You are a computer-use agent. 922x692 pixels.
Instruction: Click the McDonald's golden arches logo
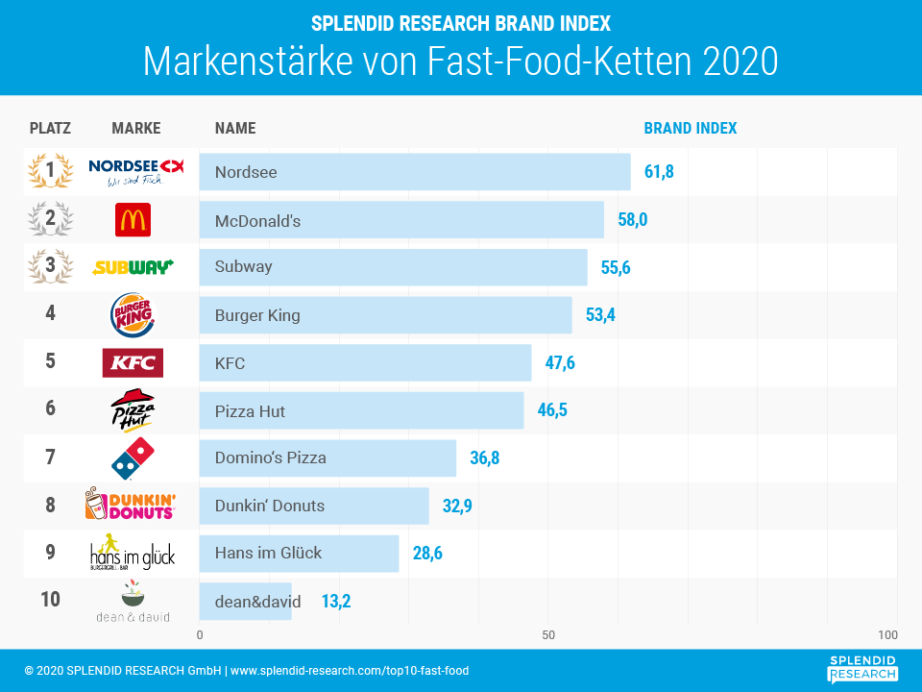(133, 220)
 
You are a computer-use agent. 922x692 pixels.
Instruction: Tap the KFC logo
(133, 363)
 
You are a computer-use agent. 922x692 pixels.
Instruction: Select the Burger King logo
(133, 315)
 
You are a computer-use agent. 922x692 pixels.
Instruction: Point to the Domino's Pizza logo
(133, 457)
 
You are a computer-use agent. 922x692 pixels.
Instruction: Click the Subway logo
(133, 267)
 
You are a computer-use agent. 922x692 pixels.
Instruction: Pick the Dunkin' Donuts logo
(131, 505)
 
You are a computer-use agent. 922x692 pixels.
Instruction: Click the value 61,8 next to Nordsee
(659, 172)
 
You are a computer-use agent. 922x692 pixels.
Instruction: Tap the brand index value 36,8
(484, 457)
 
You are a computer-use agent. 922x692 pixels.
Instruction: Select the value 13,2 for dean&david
(336, 602)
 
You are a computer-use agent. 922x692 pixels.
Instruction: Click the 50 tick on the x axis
(548, 635)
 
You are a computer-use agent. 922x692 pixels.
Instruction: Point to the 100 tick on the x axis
(887, 635)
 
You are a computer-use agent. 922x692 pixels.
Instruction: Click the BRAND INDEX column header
(690, 129)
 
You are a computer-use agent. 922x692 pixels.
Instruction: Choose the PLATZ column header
(50, 129)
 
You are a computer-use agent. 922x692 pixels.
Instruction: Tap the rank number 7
(50, 457)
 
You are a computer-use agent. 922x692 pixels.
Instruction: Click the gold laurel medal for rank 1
(50, 172)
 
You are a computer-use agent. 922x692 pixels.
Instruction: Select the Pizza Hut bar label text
(250, 411)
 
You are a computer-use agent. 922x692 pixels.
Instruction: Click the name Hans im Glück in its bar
(268, 553)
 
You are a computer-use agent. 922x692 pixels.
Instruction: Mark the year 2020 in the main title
(740, 62)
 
